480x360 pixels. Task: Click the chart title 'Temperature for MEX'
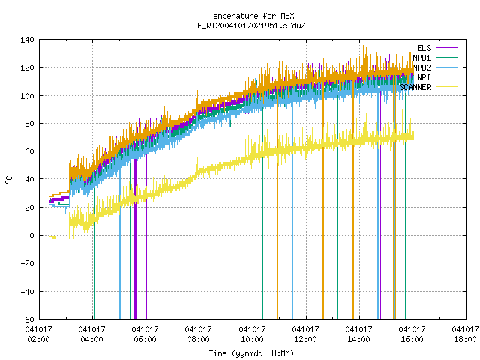[251, 16]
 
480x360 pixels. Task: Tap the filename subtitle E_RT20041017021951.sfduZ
[251, 25]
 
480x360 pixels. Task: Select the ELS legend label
[424, 48]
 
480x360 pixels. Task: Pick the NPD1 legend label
[421, 58]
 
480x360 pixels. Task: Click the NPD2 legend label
[421, 67]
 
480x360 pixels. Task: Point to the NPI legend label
[424, 77]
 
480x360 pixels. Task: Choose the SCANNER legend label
[415, 87]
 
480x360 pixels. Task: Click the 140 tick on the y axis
[27, 40]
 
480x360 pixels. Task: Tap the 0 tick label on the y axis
[31, 235]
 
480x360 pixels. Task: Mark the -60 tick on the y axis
[27, 319]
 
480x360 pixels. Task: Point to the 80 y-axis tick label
[30, 124]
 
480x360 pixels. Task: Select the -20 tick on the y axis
[27, 263]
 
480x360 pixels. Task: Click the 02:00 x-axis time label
[39, 339]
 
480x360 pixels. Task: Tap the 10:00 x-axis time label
[252, 339]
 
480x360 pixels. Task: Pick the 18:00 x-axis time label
[465, 339]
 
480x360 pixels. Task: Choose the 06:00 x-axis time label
[145, 339]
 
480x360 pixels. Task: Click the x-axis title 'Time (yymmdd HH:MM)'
[251, 353]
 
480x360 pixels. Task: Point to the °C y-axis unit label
[9, 180]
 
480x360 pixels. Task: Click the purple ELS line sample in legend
[446, 48]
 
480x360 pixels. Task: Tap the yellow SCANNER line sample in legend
[446, 87]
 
